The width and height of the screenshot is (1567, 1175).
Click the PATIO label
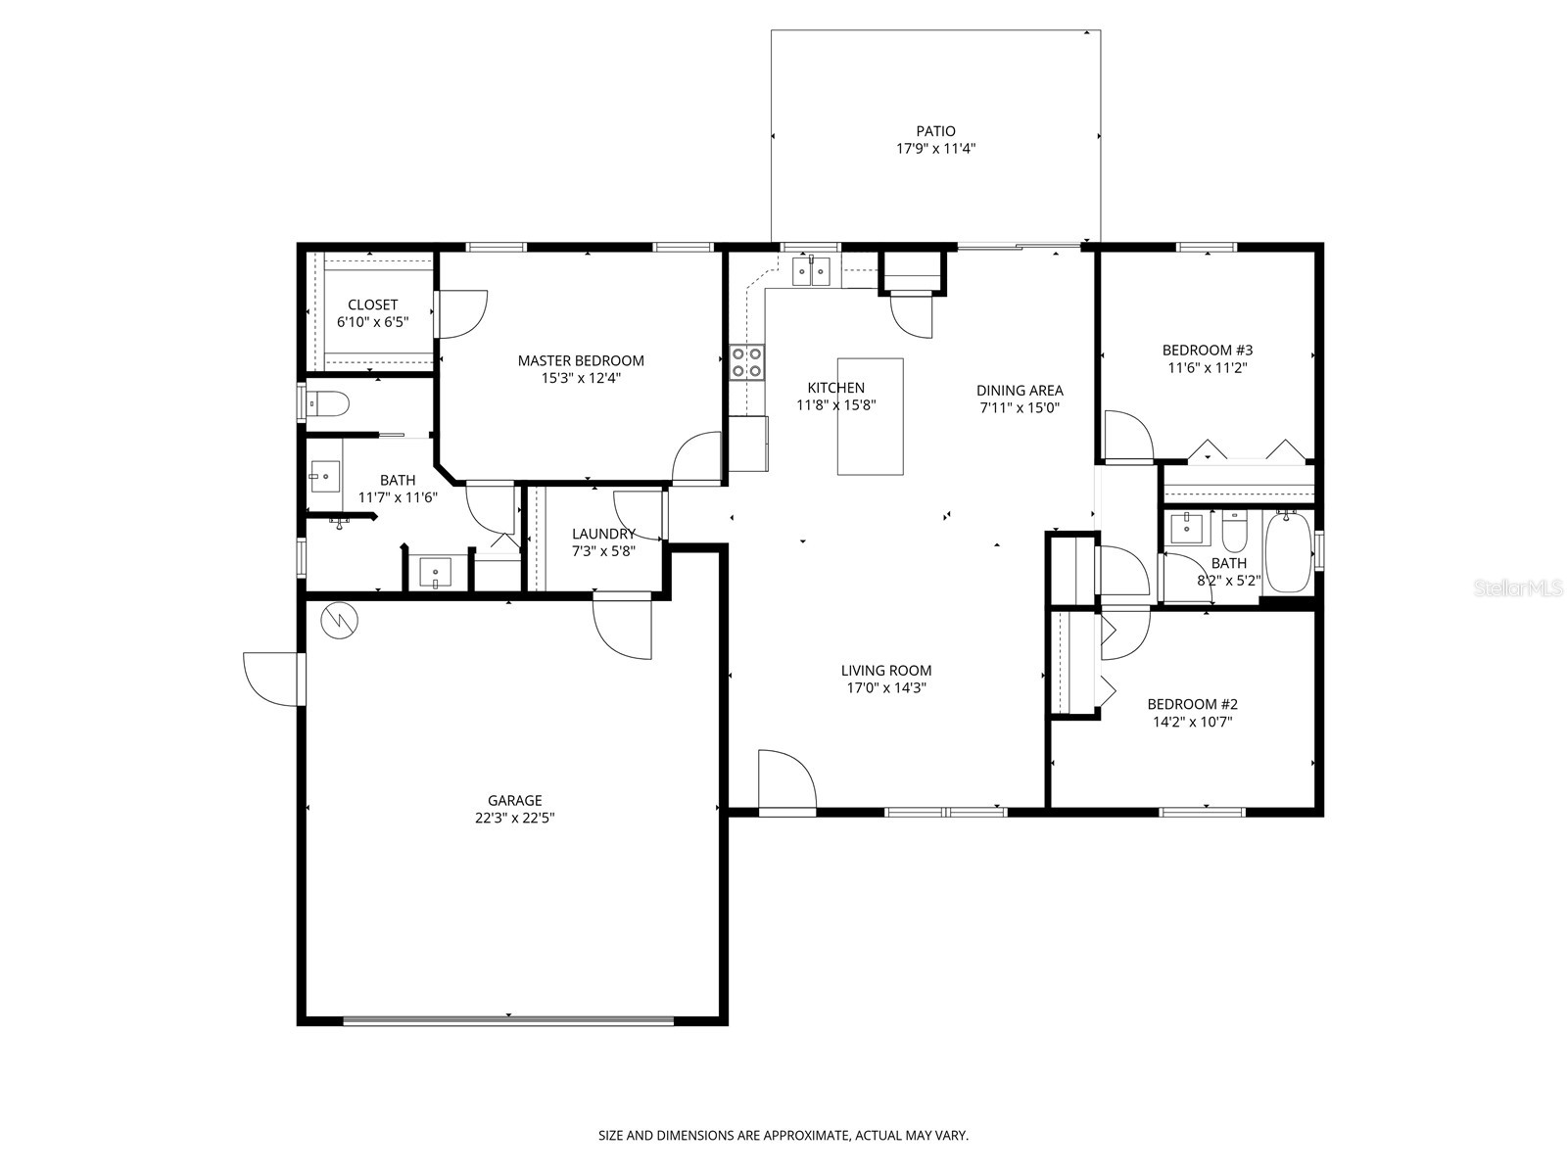pyautogui.click(x=935, y=131)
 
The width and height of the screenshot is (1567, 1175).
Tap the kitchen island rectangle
pyautogui.click(x=870, y=416)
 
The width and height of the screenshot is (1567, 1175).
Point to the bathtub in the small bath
pyautogui.click(x=1288, y=553)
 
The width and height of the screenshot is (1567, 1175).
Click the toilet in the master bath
pyautogui.click(x=328, y=401)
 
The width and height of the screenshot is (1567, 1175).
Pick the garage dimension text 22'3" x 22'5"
pyautogui.click(x=515, y=819)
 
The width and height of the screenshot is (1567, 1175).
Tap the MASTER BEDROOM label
pyautogui.click(x=581, y=360)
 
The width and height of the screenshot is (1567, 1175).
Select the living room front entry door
pyautogui.click(x=786, y=783)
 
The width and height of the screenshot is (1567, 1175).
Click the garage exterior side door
pyautogui.click(x=272, y=678)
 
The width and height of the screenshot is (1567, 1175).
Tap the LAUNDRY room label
pyautogui.click(x=603, y=534)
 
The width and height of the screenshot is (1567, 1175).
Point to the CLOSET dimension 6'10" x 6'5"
pyautogui.click(x=372, y=321)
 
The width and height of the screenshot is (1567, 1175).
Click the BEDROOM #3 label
pyautogui.click(x=1207, y=350)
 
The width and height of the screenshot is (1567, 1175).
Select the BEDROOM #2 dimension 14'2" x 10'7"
pyautogui.click(x=1192, y=722)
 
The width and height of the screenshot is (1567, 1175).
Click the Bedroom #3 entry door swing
pyautogui.click(x=1126, y=437)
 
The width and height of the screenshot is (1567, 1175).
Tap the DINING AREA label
pyautogui.click(x=1019, y=390)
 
